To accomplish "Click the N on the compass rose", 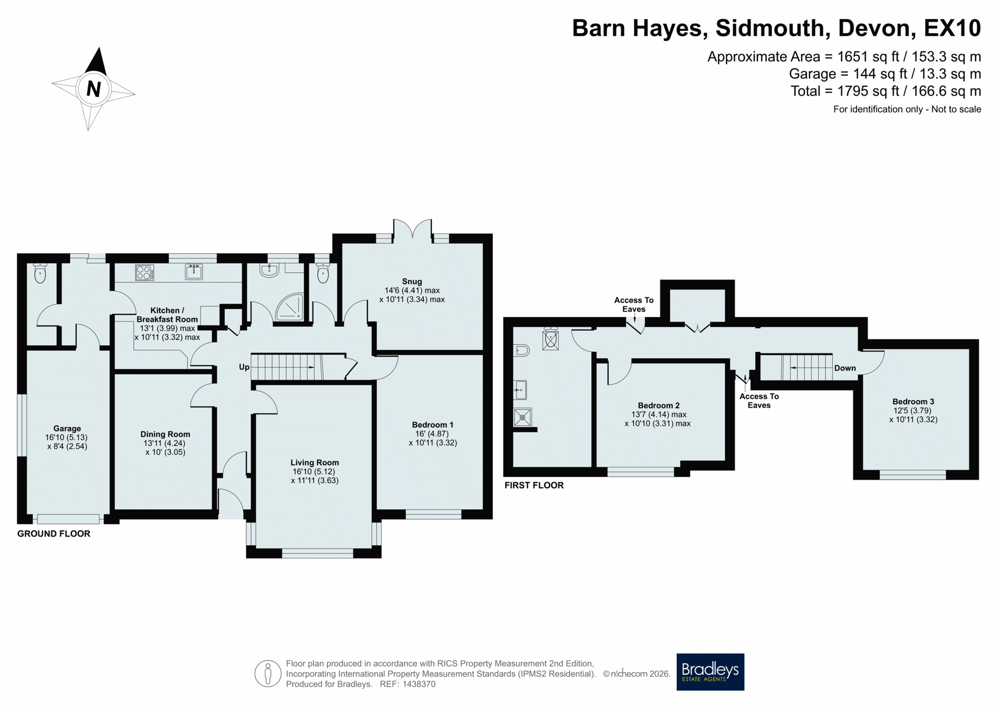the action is pos(94,89).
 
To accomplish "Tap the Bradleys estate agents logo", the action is pos(710,672).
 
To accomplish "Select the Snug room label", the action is pos(412,281).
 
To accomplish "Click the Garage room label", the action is pos(67,428).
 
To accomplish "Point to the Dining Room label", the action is pos(165,434).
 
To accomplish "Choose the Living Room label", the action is pos(314,462).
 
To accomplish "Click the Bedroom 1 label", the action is pos(432,425).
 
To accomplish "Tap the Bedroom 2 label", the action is pos(659,406).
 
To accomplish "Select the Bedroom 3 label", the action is pos(913,401).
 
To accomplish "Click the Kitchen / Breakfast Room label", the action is pos(167,315).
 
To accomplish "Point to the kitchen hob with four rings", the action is pos(145,272).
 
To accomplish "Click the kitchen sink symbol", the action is pos(194,271).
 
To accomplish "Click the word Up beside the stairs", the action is pos(244,367).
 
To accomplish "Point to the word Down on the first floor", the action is pos(845,368).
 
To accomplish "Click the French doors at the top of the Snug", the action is pos(413,231).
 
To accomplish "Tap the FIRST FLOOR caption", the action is pos(534,485).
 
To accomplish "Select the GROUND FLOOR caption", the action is pos(54,533).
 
